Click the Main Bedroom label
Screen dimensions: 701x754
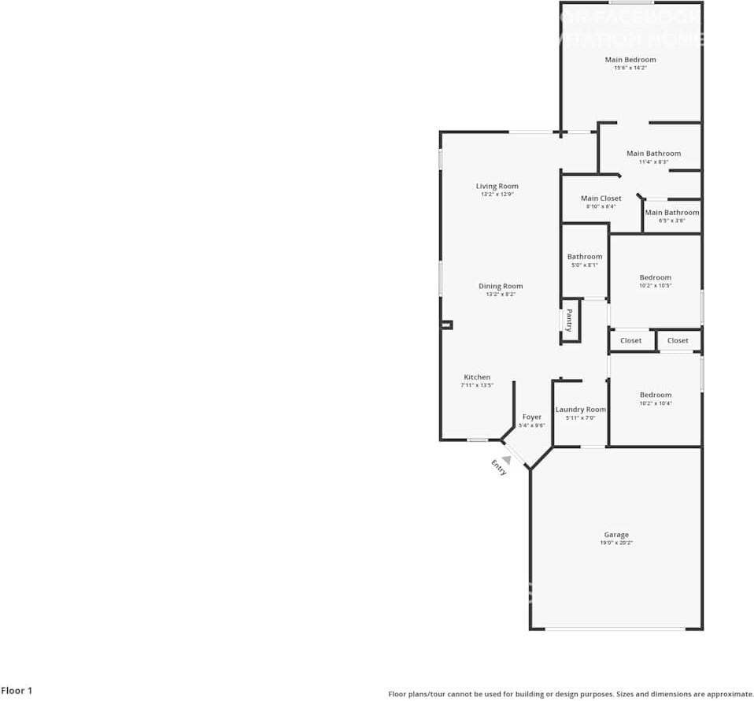(x=630, y=60)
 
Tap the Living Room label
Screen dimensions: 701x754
(x=497, y=187)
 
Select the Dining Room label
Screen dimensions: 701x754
(x=501, y=287)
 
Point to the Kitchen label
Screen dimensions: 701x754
(x=477, y=377)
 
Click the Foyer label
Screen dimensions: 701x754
(x=531, y=417)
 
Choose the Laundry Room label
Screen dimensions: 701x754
(x=581, y=410)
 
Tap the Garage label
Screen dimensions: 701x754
(x=616, y=535)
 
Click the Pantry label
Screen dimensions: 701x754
(x=569, y=321)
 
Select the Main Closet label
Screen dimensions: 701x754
(x=601, y=198)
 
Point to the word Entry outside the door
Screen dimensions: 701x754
(x=499, y=467)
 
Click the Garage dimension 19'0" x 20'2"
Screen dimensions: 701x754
(x=616, y=543)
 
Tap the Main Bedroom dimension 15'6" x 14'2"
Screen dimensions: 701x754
(x=630, y=69)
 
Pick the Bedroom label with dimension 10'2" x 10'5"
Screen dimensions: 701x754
(x=655, y=277)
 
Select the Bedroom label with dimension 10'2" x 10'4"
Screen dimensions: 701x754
(x=655, y=395)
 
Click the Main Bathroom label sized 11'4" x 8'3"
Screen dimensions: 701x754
(x=653, y=154)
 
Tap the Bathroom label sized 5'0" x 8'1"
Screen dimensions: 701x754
(x=585, y=257)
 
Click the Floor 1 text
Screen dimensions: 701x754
(x=17, y=691)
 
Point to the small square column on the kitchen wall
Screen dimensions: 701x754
(x=447, y=325)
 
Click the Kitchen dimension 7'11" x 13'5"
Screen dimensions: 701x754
(x=477, y=386)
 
